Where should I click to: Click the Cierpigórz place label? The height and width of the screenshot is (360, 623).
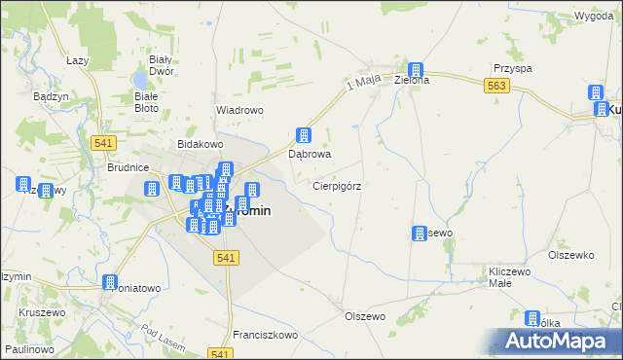click(338, 185)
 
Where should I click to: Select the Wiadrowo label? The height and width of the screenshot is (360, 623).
click(239, 110)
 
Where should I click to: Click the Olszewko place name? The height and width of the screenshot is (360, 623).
click(570, 255)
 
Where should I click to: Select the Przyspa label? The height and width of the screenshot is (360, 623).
click(512, 69)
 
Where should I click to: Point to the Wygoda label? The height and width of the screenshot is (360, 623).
click(593, 18)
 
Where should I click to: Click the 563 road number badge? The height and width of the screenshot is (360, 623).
click(496, 87)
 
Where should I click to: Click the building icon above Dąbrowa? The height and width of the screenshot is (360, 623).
click(304, 136)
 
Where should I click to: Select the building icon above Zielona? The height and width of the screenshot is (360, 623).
click(416, 71)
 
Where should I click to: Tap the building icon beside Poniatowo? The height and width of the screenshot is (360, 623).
click(109, 282)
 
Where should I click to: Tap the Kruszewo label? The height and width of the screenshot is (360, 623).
click(41, 313)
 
